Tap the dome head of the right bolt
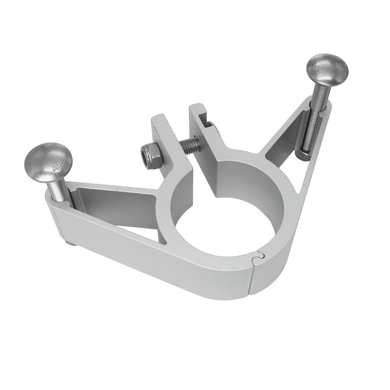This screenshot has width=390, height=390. coord(328,71)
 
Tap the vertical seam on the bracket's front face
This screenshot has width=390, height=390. coord(252,280)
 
